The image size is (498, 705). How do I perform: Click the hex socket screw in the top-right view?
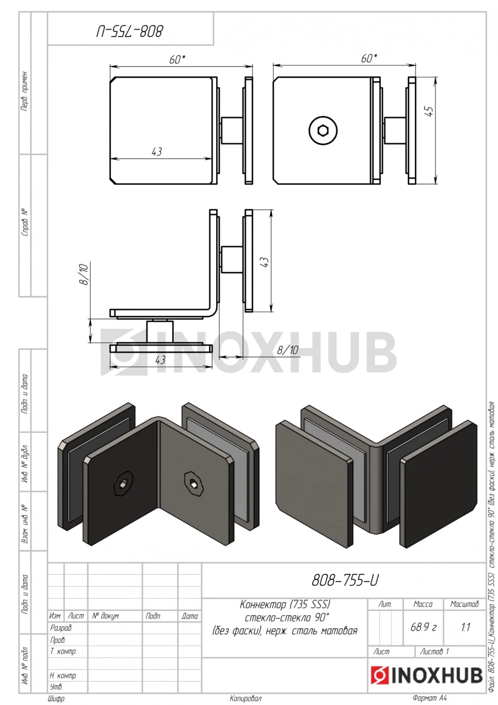(x=323, y=130)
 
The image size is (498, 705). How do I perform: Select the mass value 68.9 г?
(x=423, y=627)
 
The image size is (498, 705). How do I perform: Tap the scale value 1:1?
(x=466, y=627)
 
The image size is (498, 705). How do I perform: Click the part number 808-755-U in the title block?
(x=345, y=580)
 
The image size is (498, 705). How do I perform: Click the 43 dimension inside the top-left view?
(x=157, y=151)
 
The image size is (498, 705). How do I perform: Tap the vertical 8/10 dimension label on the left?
(x=84, y=274)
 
